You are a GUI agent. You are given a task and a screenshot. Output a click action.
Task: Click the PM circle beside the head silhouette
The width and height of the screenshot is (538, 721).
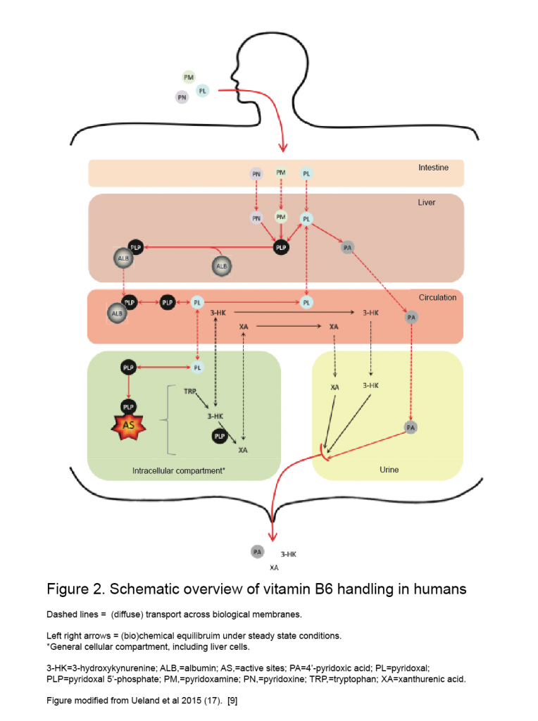pyautogui.click(x=188, y=77)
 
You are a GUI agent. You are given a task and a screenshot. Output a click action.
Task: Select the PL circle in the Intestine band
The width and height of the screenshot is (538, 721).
pyautogui.click(x=306, y=173)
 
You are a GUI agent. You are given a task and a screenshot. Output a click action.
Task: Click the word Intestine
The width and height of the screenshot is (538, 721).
pyautogui.click(x=433, y=168)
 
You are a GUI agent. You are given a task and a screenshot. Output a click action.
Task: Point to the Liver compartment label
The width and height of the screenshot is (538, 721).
pyautogui.click(x=427, y=202)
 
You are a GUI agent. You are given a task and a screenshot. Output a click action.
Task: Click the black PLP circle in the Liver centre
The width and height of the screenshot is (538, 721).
pyautogui.click(x=282, y=248)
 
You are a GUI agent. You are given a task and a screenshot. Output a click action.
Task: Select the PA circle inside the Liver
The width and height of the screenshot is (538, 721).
pyautogui.click(x=346, y=247)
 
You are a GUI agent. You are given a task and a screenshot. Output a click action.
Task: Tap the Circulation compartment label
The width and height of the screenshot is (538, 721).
pyautogui.click(x=437, y=297)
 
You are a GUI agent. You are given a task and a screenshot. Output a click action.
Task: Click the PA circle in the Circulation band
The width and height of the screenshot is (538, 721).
pyautogui.click(x=412, y=318)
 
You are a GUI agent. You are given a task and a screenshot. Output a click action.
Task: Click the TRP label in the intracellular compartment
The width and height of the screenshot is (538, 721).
pyautogui.click(x=190, y=390)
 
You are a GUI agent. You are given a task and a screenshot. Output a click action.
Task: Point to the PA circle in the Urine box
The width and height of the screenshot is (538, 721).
pyautogui.click(x=411, y=427)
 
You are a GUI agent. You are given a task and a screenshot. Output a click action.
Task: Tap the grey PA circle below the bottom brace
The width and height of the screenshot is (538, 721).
pyautogui.click(x=258, y=552)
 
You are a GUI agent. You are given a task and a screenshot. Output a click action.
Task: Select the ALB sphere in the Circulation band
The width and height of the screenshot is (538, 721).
pyautogui.click(x=116, y=312)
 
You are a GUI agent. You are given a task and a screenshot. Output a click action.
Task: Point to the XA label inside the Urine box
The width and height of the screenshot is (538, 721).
pyautogui.click(x=335, y=387)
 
